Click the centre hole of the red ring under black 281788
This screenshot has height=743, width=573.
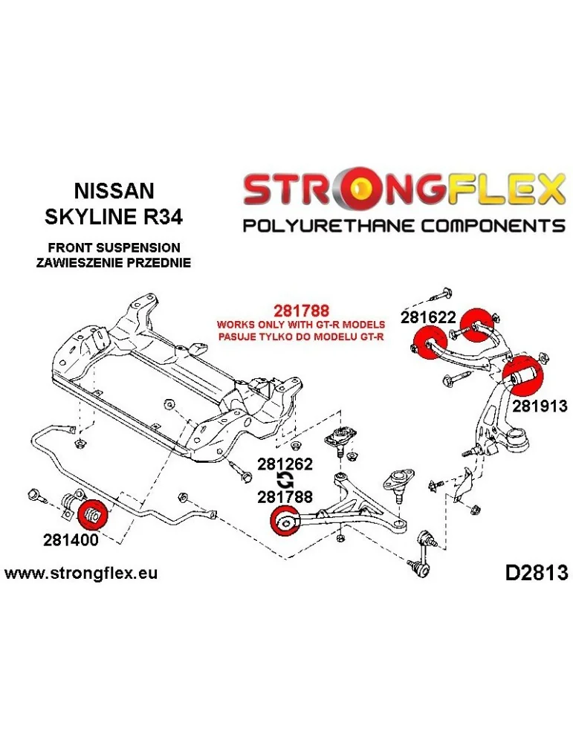[x=286, y=523]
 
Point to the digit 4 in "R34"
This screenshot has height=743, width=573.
[x=175, y=216]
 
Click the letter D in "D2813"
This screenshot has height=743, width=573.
[x=513, y=573]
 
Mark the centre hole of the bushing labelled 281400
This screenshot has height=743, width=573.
[x=94, y=515]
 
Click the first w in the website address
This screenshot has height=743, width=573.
[x=13, y=574]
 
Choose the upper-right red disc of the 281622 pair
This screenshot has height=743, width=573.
[x=476, y=325]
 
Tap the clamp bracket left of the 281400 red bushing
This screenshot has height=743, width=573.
[x=70, y=506]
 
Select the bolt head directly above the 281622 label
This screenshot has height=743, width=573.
[x=447, y=293]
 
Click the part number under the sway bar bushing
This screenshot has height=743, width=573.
[x=71, y=540]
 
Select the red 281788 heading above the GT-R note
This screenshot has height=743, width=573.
[x=301, y=311]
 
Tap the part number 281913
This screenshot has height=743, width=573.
[x=540, y=406]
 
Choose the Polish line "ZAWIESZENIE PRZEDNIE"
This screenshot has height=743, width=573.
[x=114, y=262]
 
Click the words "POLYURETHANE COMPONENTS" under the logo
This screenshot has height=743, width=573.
[x=404, y=224]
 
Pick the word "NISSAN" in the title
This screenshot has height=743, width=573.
[x=114, y=190]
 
